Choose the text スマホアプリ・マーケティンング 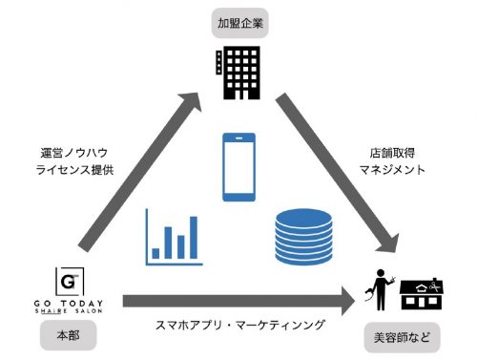(238, 325)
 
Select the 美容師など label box (400, 337)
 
